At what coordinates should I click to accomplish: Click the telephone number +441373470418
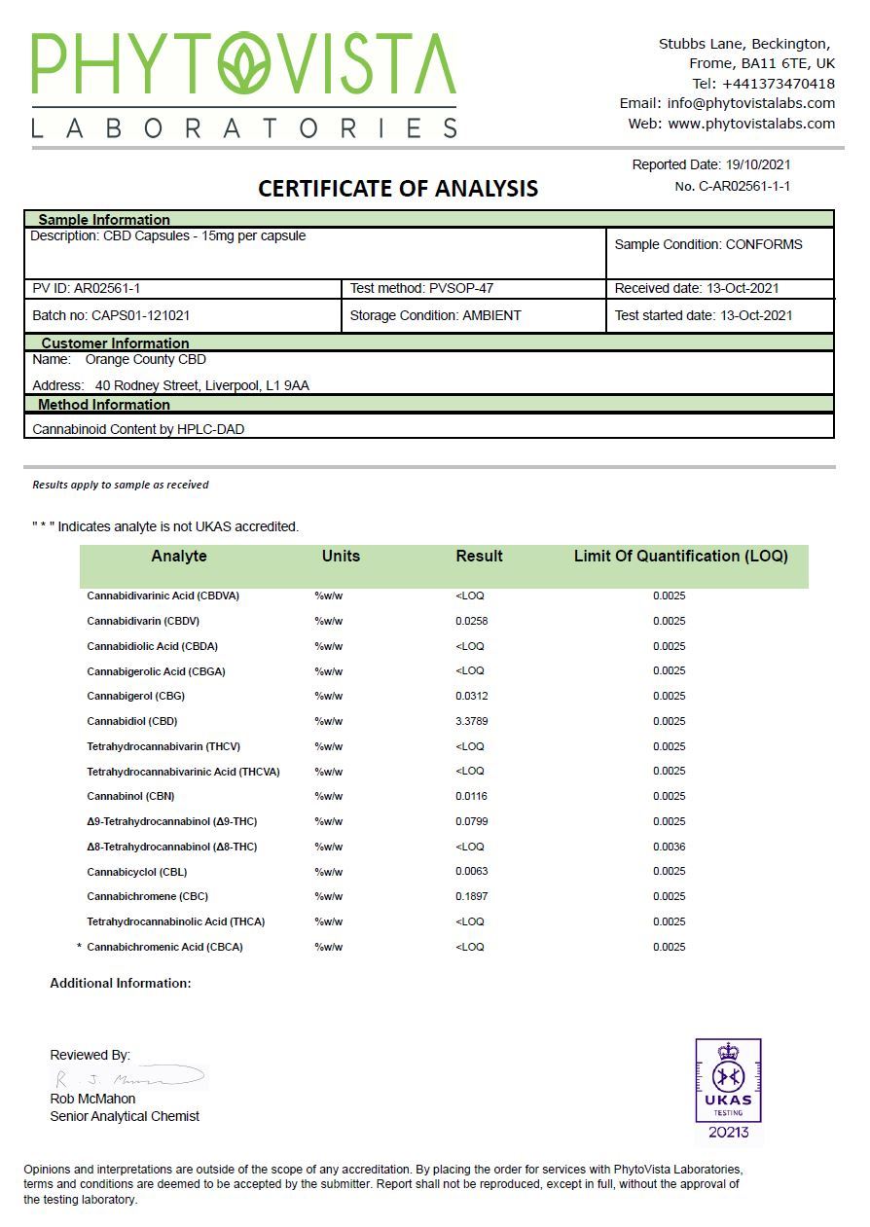(x=778, y=84)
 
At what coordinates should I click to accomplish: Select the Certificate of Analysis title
(x=397, y=189)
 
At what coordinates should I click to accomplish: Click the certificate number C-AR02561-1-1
(x=744, y=186)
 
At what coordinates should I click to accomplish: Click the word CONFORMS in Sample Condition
(x=764, y=244)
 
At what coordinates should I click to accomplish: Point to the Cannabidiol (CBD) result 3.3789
(x=472, y=721)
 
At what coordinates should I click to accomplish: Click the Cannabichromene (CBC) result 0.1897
(x=472, y=896)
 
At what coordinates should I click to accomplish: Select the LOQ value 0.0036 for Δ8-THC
(x=669, y=847)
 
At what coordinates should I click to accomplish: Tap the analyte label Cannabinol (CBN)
(x=130, y=796)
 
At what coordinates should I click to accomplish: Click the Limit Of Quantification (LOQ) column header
(x=680, y=557)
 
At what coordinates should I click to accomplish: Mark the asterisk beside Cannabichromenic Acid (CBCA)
(x=79, y=947)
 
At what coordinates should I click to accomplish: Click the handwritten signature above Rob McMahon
(x=128, y=1078)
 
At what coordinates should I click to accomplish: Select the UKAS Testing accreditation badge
(x=728, y=1090)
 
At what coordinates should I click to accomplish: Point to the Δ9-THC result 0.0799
(x=472, y=821)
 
